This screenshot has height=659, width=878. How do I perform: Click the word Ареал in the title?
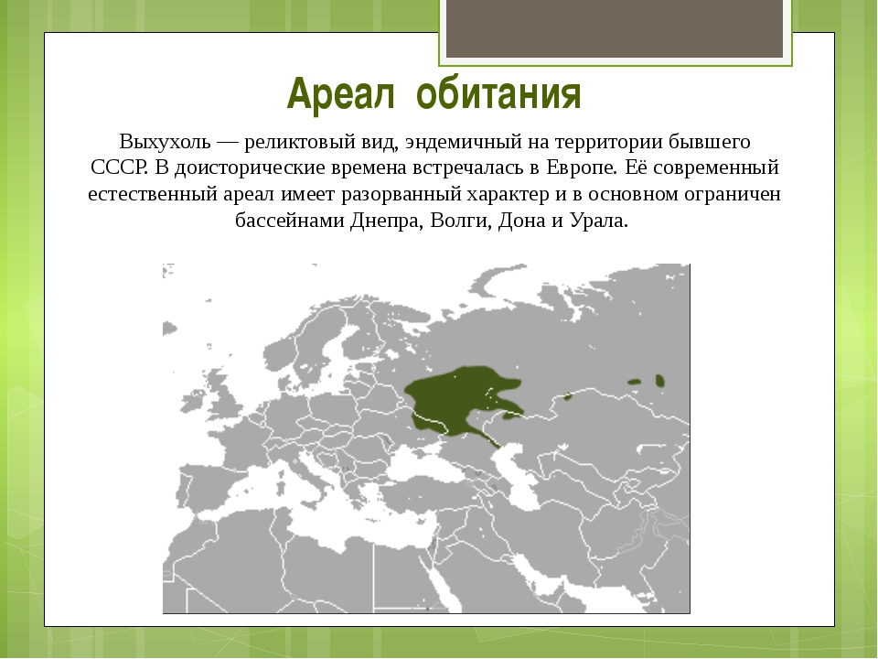[x=340, y=93]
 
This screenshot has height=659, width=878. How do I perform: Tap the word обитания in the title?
[x=499, y=93]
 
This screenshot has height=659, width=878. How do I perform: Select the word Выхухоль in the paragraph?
[x=165, y=142]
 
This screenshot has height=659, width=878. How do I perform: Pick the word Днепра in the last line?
[x=387, y=221]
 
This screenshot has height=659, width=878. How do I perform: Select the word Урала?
[x=598, y=221]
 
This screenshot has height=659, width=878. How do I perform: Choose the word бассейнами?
[x=290, y=221]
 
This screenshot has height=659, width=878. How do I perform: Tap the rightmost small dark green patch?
[x=659, y=381]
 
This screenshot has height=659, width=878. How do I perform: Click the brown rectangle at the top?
[x=615, y=28]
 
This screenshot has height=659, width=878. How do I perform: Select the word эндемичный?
[x=463, y=142]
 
